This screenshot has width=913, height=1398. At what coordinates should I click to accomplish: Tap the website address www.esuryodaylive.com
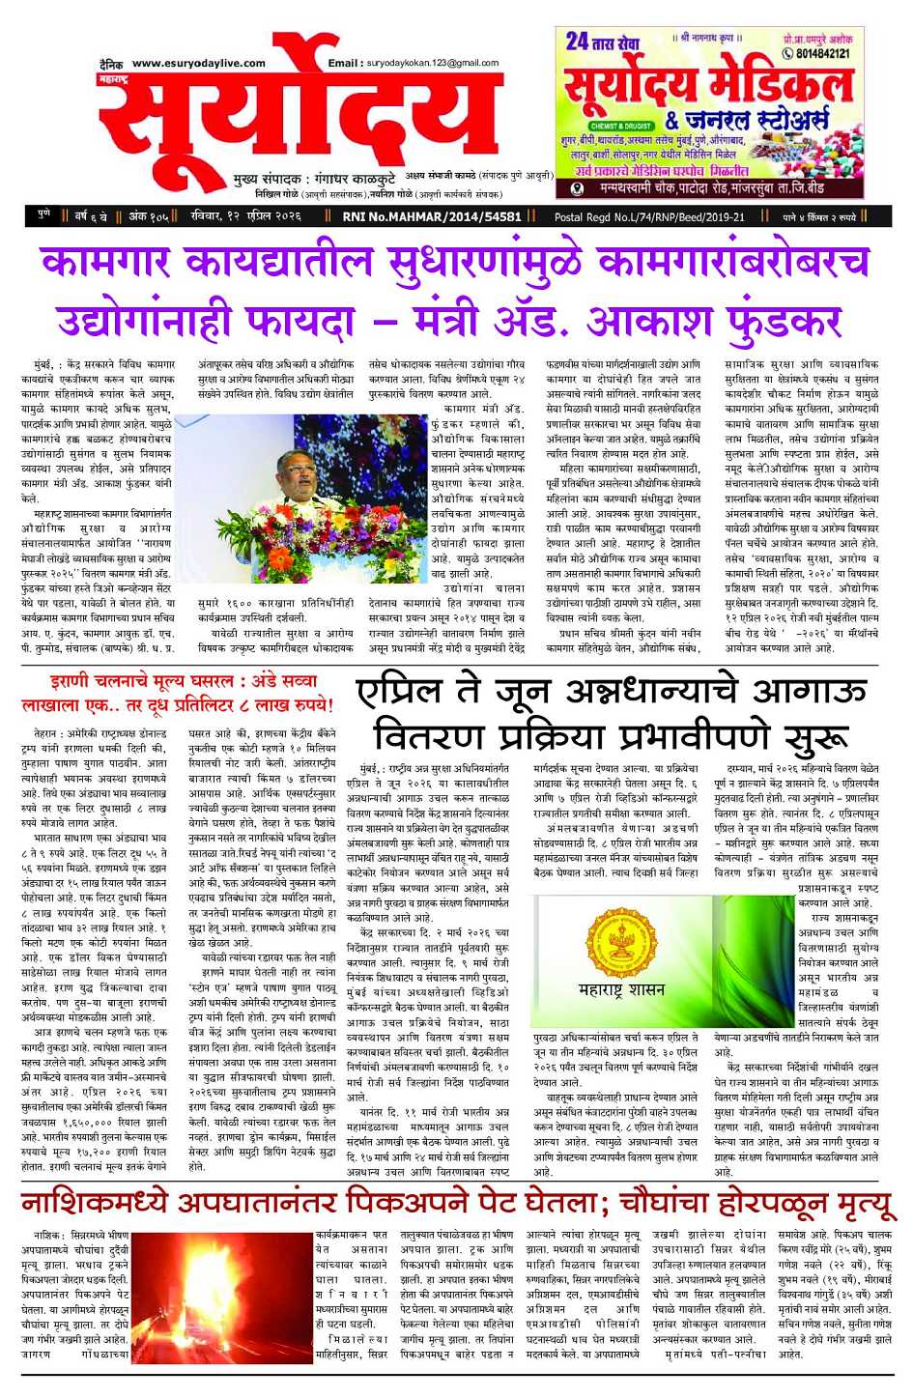click(x=198, y=63)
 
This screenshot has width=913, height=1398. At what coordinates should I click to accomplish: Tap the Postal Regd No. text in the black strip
click(x=649, y=217)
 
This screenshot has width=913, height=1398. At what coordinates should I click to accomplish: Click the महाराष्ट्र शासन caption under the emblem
click(x=621, y=989)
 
